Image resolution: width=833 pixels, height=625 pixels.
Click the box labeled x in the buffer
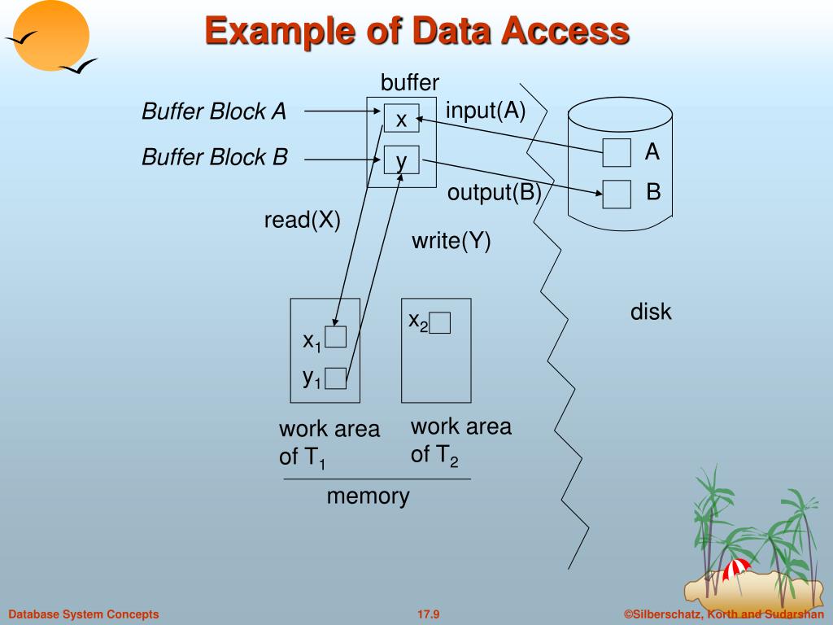point(402,118)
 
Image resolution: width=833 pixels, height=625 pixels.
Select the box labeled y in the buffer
point(402,160)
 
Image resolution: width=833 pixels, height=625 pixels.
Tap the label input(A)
point(486,111)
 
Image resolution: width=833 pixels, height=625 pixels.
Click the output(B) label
point(494,192)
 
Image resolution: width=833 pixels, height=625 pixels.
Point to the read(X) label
point(303,220)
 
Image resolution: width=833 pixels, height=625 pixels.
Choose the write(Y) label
point(451,241)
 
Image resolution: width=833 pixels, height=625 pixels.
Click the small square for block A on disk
point(617,152)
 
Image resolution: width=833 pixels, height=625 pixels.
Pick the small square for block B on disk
point(617,194)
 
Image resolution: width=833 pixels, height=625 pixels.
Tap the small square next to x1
point(336,336)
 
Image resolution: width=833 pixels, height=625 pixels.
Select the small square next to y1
point(336,378)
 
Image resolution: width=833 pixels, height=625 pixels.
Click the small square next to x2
point(440,322)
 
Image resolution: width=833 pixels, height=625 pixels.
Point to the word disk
point(651,312)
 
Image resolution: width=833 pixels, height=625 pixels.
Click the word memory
point(369,496)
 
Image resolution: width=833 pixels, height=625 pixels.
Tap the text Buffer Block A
point(214,111)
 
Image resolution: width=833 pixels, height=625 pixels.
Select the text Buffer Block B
point(215,157)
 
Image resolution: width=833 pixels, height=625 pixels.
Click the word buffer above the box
point(410,82)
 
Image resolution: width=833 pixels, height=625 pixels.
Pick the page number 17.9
point(428,614)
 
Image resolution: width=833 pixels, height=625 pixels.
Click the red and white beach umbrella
point(737,570)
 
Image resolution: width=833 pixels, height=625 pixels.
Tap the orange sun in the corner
point(51,36)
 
